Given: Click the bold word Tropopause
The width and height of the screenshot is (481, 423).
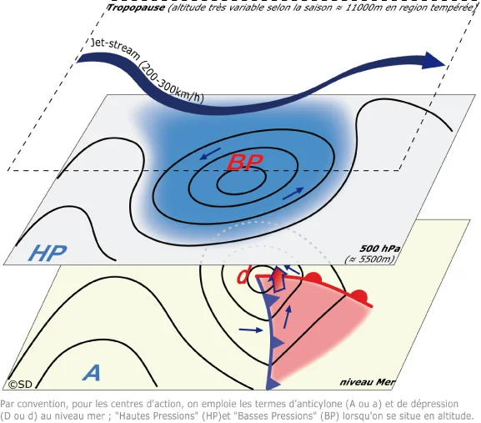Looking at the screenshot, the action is pyautogui.click(x=136, y=8).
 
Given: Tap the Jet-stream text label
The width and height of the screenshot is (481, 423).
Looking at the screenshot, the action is pyautogui.click(x=114, y=50).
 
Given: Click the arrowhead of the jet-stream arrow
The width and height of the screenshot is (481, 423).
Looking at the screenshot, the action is pyautogui.click(x=433, y=60).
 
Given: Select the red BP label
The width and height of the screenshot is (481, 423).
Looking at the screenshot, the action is pyautogui.click(x=245, y=162).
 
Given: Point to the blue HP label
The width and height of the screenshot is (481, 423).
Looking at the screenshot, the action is pyautogui.click(x=48, y=253).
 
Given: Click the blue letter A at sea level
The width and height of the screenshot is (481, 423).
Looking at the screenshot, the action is pyautogui.click(x=93, y=373).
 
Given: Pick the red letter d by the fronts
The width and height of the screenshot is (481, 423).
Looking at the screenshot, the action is pyautogui.click(x=243, y=275).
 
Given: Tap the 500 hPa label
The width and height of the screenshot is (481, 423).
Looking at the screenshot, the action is pyautogui.click(x=379, y=249).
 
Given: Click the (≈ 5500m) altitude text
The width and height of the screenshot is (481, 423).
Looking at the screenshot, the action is pyautogui.click(x=370, y=259).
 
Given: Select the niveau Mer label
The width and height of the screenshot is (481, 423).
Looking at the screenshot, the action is pyautogui.click(x=367, y=382).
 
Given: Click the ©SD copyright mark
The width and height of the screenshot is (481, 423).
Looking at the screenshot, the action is pyautogui.click(x=20, y=385).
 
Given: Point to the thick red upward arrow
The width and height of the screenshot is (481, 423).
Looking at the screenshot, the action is pyautogui.click(x=278, y=279).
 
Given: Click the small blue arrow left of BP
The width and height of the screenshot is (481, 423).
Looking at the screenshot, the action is pyautogui.click(x=210, y=154).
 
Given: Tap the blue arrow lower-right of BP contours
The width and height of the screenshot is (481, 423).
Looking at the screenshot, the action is pyautogui.click(x=293, y=194).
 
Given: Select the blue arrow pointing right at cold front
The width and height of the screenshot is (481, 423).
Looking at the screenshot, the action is pyautogui.click(x=251, y=330).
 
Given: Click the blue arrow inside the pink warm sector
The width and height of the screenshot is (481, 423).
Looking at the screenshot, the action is pyautogui.click(x=287, y=317).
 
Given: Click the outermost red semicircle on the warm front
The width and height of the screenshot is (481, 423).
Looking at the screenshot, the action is pyautogui.click(x=359, y=295).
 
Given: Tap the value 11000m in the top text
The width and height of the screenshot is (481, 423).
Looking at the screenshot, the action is pyautogui.click(x=363, y=8).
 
